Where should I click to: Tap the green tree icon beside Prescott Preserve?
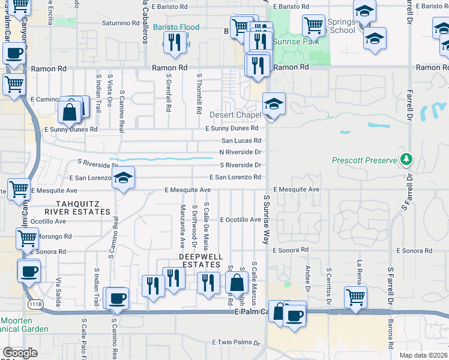coord(407,159)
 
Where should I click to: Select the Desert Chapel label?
coord(235,115)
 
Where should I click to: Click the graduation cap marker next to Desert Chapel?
coord(274,104)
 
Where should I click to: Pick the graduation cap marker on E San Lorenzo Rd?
coord(123,178)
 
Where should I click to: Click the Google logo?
coord(20,353)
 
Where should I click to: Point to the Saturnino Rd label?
coord(120,23)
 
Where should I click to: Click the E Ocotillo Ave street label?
coord(240,220)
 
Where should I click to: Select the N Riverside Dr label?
coord(240,152)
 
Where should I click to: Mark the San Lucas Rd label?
coord(242,140)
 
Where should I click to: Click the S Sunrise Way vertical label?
coord(265,218)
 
